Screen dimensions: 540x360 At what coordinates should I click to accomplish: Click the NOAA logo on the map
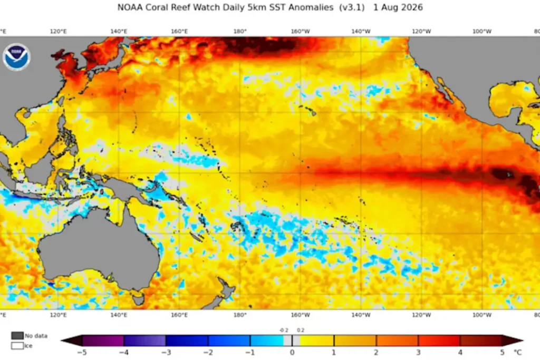(16, 57)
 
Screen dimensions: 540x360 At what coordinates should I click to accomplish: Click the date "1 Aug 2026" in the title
(398, 7)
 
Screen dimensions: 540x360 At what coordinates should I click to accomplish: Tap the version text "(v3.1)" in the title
(352, 7)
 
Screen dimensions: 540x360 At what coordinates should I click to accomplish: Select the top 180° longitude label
(240, 31)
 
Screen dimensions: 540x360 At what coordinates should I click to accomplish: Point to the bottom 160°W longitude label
(300, 315)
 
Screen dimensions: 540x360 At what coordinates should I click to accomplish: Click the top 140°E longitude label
(119, 31)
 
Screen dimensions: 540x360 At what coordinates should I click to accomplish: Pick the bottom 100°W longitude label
(482, 315)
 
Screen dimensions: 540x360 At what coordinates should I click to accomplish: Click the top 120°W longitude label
(421, 31)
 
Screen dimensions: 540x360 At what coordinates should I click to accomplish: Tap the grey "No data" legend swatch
(17, 336)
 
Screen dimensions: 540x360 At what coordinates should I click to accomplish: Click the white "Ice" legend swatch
(17, 346)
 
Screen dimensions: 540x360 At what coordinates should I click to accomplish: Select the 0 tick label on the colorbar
(292, 353)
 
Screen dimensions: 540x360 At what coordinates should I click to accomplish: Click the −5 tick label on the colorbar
(82, 353)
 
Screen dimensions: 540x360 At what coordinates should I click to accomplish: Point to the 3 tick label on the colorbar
(418, 353)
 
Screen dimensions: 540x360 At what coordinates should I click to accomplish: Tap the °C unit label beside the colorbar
(518, 353)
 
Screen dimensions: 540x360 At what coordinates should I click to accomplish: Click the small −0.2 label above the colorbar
(284, 330)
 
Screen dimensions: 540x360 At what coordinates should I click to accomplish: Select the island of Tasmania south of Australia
(139, 299)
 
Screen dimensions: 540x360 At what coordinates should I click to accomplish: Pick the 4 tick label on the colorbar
(460, 353)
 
